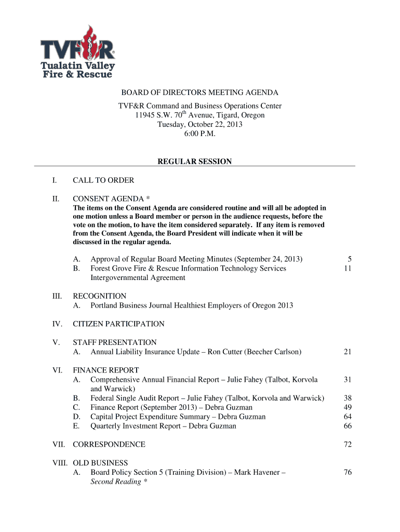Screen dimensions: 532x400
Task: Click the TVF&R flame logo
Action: [78, 52]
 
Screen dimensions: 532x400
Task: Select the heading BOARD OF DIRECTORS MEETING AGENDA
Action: [199, 93]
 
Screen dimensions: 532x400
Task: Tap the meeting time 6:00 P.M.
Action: [199, 134]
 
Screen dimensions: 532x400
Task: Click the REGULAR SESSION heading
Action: [194, 162]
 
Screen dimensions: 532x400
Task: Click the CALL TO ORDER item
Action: [103, 180]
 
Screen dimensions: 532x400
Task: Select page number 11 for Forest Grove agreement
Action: [348, 269]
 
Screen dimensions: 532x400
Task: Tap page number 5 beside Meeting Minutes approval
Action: [350, 259]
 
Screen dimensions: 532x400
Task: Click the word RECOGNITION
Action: [99, 296]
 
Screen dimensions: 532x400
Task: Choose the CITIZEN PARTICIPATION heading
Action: [118, 324]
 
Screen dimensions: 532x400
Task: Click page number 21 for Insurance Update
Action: [348, 352]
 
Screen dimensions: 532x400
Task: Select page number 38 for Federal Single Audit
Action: [348, 398]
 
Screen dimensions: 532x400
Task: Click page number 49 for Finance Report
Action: [348, 408]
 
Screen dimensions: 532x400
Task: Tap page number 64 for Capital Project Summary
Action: [348, 417]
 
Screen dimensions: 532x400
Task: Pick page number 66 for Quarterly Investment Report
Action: [348, 427]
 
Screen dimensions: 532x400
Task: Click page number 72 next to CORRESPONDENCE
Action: [348, 445]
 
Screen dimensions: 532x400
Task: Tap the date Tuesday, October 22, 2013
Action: [199, 125]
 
